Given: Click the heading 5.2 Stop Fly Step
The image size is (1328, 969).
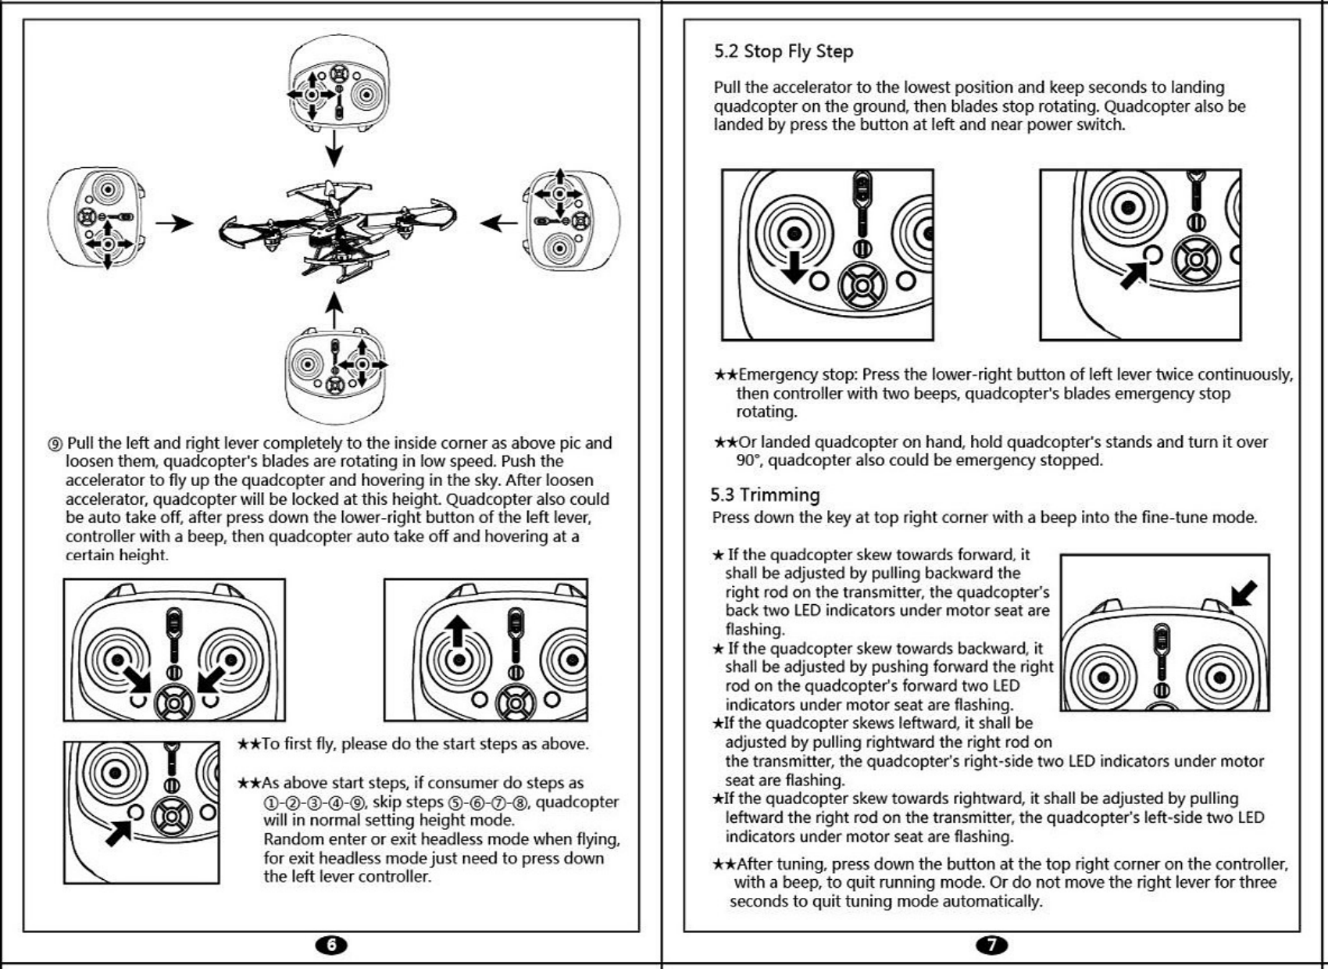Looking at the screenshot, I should point(783,52).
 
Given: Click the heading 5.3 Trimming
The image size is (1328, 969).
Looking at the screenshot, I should point(765,495).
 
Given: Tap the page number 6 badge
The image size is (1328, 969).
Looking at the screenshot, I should point(331,945).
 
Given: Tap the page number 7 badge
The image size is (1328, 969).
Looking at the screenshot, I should point(992,945).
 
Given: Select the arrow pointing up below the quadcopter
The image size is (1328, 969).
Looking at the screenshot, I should point(334,310).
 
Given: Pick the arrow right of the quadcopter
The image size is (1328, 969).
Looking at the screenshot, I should point(498,223).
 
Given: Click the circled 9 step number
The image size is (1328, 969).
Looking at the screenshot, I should point(55,444).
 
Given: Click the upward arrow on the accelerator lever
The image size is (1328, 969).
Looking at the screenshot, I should point(459,630).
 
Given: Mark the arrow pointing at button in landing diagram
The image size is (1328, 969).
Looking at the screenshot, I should point(1134,274).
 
